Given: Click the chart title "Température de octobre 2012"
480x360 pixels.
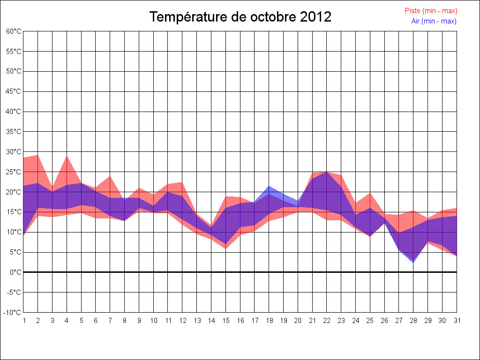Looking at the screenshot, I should point(240,17).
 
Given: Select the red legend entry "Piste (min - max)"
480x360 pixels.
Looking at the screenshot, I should point(431,11).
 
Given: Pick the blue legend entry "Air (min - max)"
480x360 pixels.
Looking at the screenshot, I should point(434,21).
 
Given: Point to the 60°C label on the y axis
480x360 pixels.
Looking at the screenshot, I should point(14,31).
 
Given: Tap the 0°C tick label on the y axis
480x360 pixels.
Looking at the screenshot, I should point(16,272).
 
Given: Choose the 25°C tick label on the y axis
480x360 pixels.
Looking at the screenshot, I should point(14,172).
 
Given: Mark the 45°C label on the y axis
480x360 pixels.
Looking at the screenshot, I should point(14,91).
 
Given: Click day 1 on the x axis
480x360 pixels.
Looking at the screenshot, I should point(23,321).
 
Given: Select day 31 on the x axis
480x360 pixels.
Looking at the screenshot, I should point(457,321).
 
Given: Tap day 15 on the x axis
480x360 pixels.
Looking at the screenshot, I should point(225,321).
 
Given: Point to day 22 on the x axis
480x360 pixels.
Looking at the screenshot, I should point(327,321).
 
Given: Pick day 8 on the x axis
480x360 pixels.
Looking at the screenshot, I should point(124,321).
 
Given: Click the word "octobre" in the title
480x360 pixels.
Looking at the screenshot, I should point(272,17).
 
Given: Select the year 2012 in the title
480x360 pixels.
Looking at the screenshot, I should point(316,17).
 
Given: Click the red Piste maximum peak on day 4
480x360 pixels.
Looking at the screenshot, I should point(67,156).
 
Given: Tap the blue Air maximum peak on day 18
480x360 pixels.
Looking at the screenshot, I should point(269,187).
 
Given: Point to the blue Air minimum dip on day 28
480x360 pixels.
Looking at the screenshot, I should point(413,262).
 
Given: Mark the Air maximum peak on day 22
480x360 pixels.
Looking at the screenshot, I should point(327,172).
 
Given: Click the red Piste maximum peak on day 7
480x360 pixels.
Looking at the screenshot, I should point(110,176).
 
